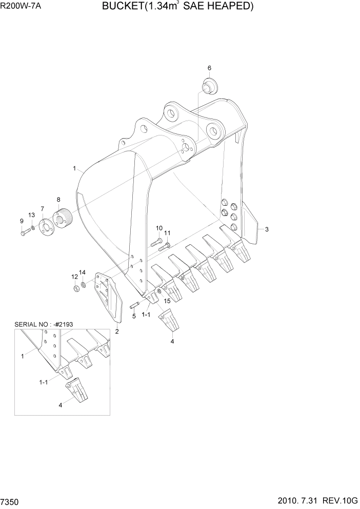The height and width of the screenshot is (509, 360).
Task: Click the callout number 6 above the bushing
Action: (x=209, y=68)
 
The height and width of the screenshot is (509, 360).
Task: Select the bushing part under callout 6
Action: (x=210, y=86)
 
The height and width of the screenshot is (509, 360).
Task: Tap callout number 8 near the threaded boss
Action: (x=58, y=200)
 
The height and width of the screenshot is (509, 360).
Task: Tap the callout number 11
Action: (x=167, y=233)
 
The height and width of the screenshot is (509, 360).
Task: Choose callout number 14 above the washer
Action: (x=82, y=271)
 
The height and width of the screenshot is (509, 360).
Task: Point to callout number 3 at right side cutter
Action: (x=266, y=229)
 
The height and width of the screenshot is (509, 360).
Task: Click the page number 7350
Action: (x=10, y=501)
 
